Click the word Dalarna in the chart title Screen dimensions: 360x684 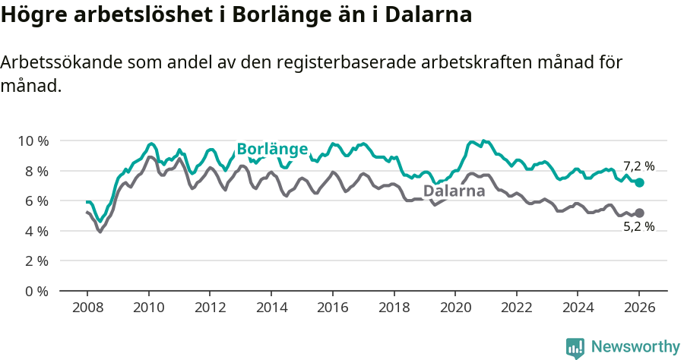(x=429, y=15)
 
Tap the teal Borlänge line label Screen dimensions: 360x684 (x=272, y=149)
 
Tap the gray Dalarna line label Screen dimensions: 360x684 (x=454, y=191)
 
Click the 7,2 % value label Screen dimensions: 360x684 (x=638, y=166)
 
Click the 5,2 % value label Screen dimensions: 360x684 (x=638, y=226)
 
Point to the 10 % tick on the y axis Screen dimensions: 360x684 (x=33, y=141)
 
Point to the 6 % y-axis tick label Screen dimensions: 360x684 (x=36, y=201)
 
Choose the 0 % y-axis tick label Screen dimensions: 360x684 (x=36, y=291)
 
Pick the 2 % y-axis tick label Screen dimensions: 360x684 (x=36, y=261)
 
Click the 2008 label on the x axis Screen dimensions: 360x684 (x=87, y=310)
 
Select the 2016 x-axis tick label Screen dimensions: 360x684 (x=332, y=310)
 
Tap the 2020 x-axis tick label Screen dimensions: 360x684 (x=455, y=310)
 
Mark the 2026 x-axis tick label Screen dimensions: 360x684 (x=639, y=310)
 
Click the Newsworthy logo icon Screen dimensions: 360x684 (x=575, y=347)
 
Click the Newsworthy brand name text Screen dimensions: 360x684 (x=635, y=347)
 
